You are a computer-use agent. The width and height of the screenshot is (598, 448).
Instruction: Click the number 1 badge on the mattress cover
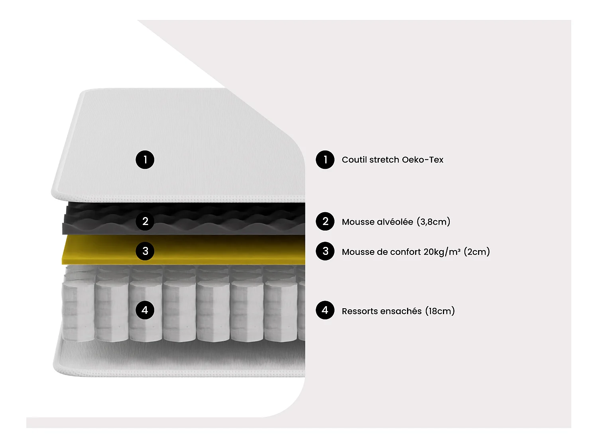(x=145, y=160)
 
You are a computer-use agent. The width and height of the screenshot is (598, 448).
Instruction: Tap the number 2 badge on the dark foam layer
(x=145, y=221)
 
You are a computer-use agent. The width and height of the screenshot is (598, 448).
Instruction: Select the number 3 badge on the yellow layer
(x=145, y=251)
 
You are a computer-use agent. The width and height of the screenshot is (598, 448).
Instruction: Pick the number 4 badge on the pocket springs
(x=145, y=310)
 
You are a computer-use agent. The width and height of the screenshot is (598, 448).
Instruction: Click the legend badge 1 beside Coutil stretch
(x=325, y=160)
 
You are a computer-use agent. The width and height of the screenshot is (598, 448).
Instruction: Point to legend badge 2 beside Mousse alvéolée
(x=325, y=221)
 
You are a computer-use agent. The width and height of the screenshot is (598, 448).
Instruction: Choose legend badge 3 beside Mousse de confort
(x=325, y=251)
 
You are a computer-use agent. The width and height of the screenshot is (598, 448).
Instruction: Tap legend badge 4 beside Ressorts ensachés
(x=325, y=310)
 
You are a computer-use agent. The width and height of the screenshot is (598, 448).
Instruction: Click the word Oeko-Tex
(x=423, y=160)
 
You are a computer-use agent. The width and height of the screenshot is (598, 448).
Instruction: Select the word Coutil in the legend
(x=354, y=160)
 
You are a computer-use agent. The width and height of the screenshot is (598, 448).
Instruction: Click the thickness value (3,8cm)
(x=433, y=222)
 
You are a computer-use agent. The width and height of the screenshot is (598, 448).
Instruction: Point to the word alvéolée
(x=395, y=222)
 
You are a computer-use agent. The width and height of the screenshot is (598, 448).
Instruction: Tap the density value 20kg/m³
(x=442, y=252)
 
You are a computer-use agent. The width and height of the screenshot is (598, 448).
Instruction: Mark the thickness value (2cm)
(x=477, y=252)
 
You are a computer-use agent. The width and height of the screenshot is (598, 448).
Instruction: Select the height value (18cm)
(x=440, y=311)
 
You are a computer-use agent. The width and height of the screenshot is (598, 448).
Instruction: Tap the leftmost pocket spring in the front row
(x=78, y=311)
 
